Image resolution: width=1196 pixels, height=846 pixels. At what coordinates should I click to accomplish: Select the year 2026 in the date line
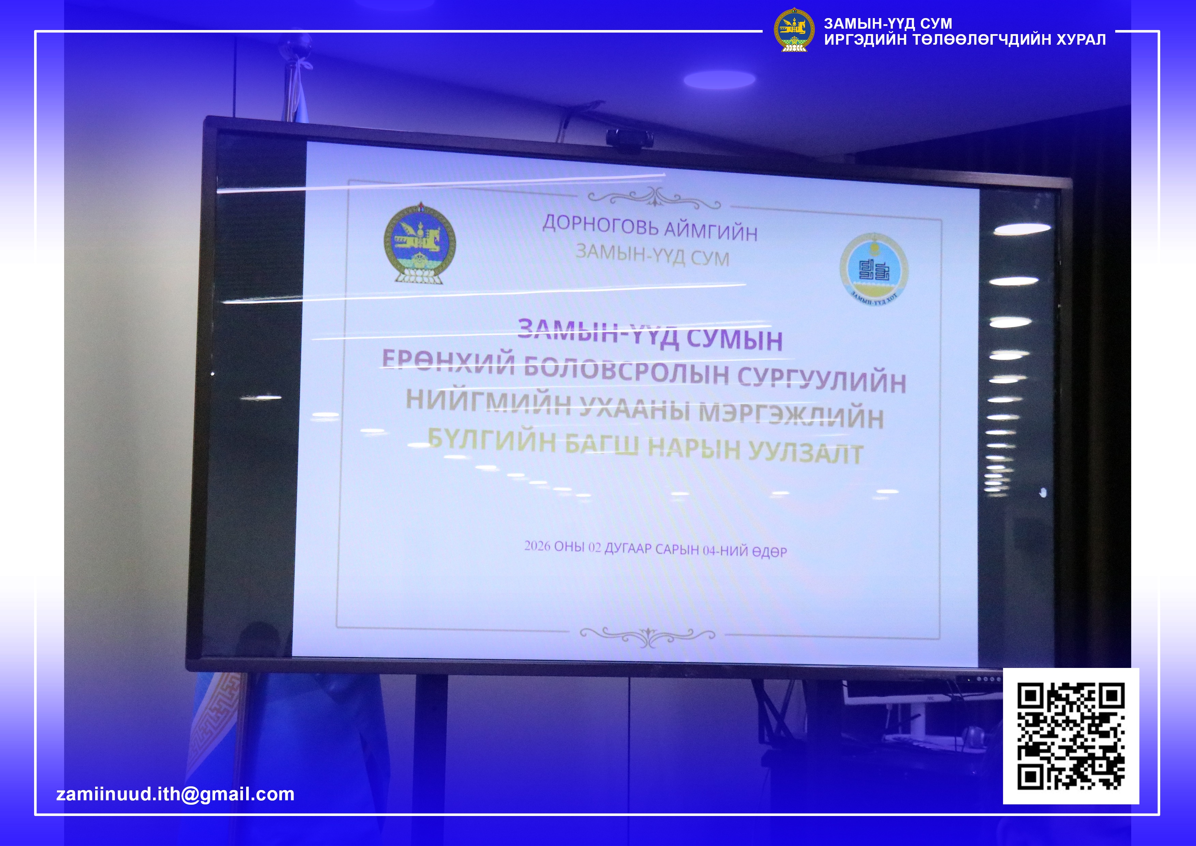[537, 546]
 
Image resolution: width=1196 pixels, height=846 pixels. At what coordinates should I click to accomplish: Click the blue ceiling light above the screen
[719, 79]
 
